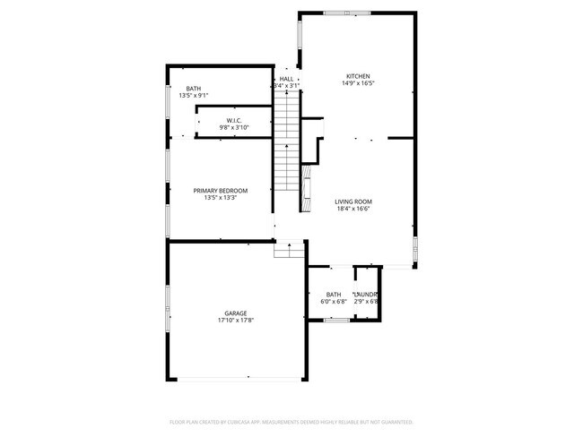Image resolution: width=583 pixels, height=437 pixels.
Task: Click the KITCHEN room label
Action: point(356,76)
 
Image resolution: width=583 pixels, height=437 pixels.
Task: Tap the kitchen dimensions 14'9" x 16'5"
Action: point(356,84)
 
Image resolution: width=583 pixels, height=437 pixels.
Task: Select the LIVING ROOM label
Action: point(353,201)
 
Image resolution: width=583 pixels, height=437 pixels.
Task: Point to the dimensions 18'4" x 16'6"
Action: point(353,210)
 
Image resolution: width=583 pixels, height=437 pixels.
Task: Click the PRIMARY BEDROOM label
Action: point(221,190)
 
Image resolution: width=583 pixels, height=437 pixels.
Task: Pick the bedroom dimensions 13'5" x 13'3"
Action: point(221,198)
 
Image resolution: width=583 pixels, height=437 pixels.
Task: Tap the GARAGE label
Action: point(236,313)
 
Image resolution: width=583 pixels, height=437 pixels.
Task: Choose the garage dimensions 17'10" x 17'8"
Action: point(236,321)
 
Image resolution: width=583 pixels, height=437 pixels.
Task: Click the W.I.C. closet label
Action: point(233,120)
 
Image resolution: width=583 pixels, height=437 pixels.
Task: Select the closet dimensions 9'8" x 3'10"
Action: point(233,128)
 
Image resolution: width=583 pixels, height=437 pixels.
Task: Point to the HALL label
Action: point(286,79)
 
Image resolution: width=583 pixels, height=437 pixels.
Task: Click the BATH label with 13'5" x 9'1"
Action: point(194,88)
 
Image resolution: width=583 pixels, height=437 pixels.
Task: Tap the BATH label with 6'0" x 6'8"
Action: point(334,294)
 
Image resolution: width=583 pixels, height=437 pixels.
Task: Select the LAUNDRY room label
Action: point(367,294)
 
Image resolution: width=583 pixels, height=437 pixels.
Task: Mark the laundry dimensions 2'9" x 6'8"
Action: point(368,302)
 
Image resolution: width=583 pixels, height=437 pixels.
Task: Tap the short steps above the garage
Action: point(289,250)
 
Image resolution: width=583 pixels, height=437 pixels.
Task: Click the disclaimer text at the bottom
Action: point(291,421)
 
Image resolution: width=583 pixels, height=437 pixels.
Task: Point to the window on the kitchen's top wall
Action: point(347,12)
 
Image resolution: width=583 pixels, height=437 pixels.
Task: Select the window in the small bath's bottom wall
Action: point(335,320)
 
